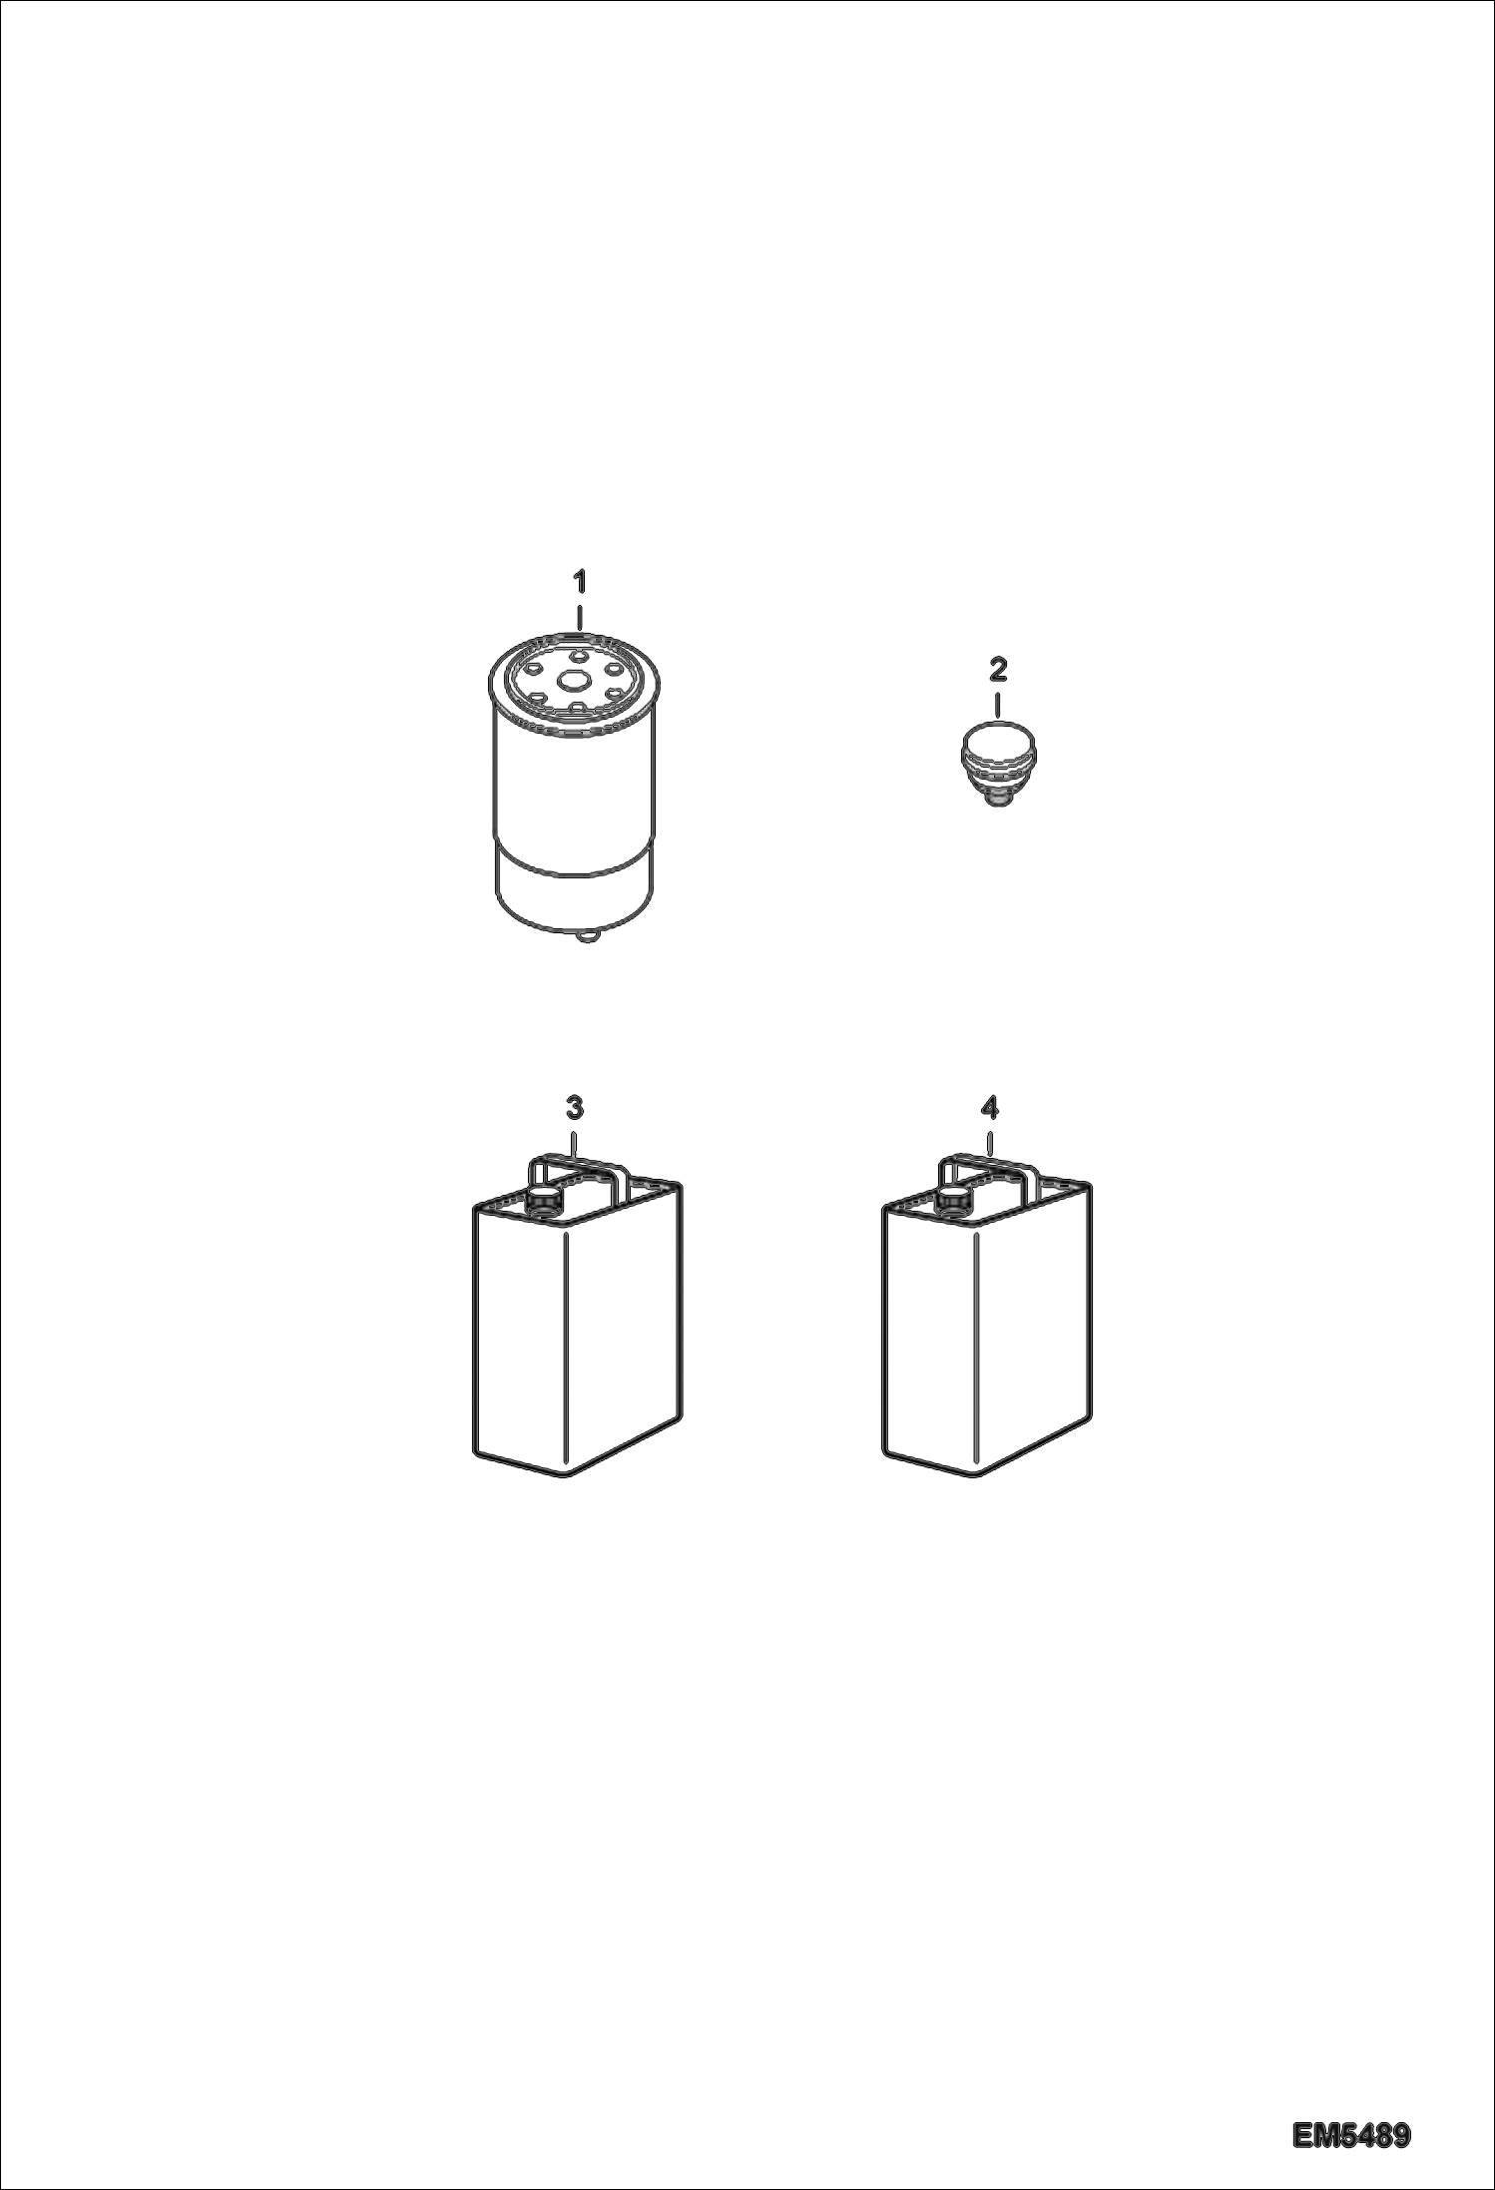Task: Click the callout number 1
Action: point(579,580)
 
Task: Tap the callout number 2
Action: point(997,670)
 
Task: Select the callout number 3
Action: point(574,1107)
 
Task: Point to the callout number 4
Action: point(989,1107)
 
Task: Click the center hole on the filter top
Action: point(574,682)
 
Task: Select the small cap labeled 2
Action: point(996,764)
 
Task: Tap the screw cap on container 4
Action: point(952,1204)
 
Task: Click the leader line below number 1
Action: point(579,615)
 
